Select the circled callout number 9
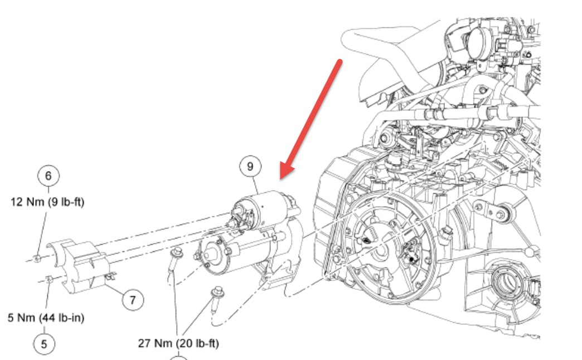250,166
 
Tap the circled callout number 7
132,300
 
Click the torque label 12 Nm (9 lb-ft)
47,202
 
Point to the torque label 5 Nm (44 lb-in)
46,318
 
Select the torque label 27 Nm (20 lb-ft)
178,343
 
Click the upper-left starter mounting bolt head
174,253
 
